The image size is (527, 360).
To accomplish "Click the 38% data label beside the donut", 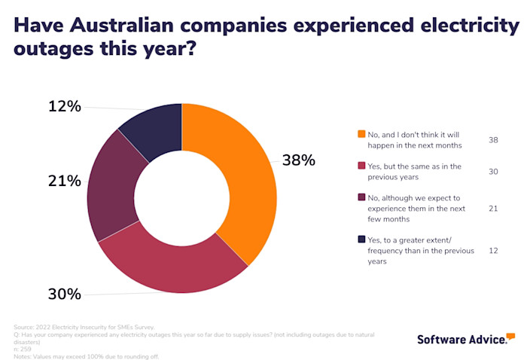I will pyautogui.click(x=298, y=160).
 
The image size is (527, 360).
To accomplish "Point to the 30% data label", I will pyautogui.click(x=64, y=294).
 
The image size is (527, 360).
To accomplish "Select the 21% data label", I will pyautogui.click(x=64, y=181).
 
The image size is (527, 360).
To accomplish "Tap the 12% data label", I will pyautogui.click(x=64, y=106).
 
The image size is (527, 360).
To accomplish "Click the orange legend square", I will pyautogui.click(x=361, y=134).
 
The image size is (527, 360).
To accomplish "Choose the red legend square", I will pyautogui.click(x=361, y=166).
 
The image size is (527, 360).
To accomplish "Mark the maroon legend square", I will pyautogui.click(x=361, y=198).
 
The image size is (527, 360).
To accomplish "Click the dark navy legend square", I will pyautogui.click(x=361, y=240).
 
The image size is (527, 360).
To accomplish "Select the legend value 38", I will pyautogui.click(x=493, y=139).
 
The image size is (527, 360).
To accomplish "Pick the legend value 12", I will pyautogui.click(x=493, y=251).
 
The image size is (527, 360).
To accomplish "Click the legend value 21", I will pyautogui.click(x=493, y=209).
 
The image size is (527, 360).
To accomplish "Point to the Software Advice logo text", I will pyautogui.click(x=461, y=340).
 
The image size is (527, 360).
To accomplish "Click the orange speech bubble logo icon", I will pyautogui.click(x=510, y=336).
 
